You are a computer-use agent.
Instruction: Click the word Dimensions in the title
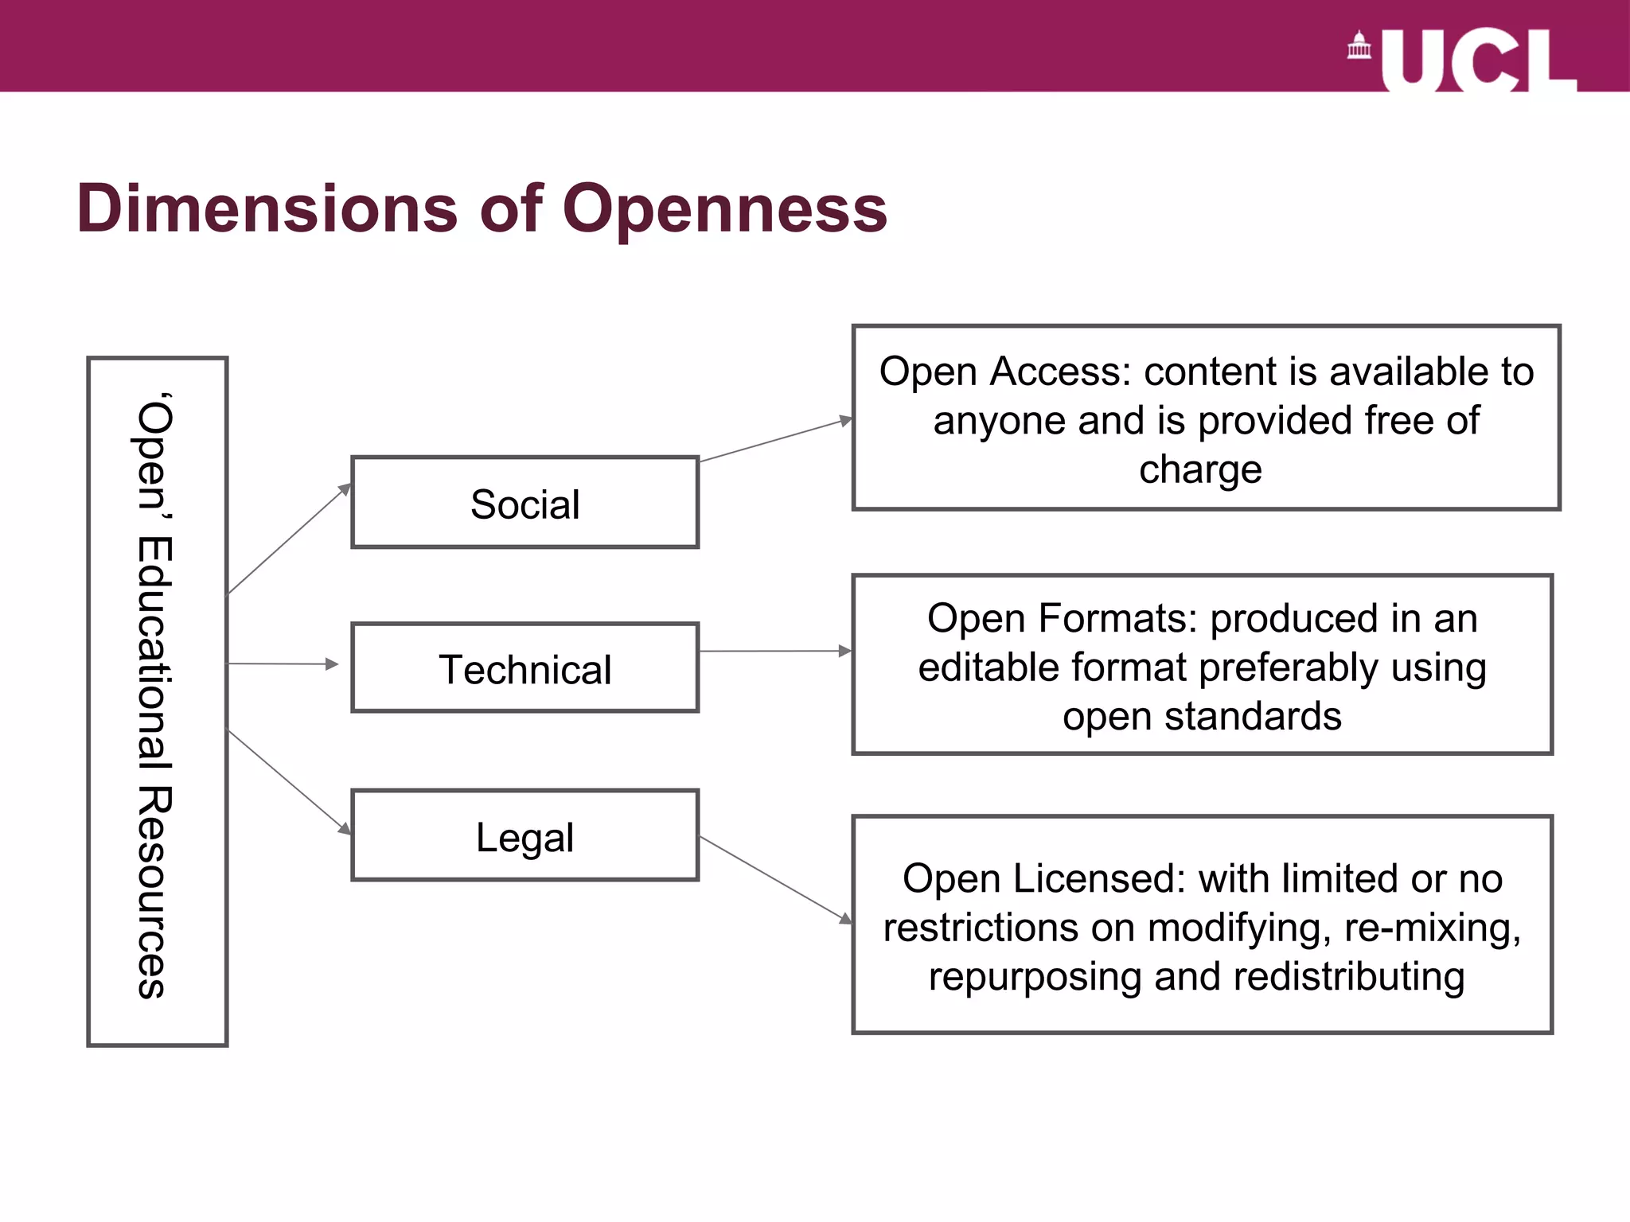[267, 208]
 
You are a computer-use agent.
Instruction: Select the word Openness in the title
[724, 208]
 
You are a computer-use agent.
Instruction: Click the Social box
[524, 503]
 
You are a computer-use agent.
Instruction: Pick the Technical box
[524, 668]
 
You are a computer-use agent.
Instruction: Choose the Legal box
[524, 835]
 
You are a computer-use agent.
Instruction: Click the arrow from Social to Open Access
[776, 440]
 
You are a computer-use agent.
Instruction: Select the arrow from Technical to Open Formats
[776, 651]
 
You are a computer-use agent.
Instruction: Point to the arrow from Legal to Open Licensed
[776, 881]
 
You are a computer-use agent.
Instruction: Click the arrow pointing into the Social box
[289, 539]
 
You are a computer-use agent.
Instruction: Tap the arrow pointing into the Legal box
[289, 782]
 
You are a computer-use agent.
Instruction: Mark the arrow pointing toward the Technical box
[283, 664]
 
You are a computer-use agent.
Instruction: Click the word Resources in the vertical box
[152, 892]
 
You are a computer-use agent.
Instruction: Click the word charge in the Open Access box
[1200, 469]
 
